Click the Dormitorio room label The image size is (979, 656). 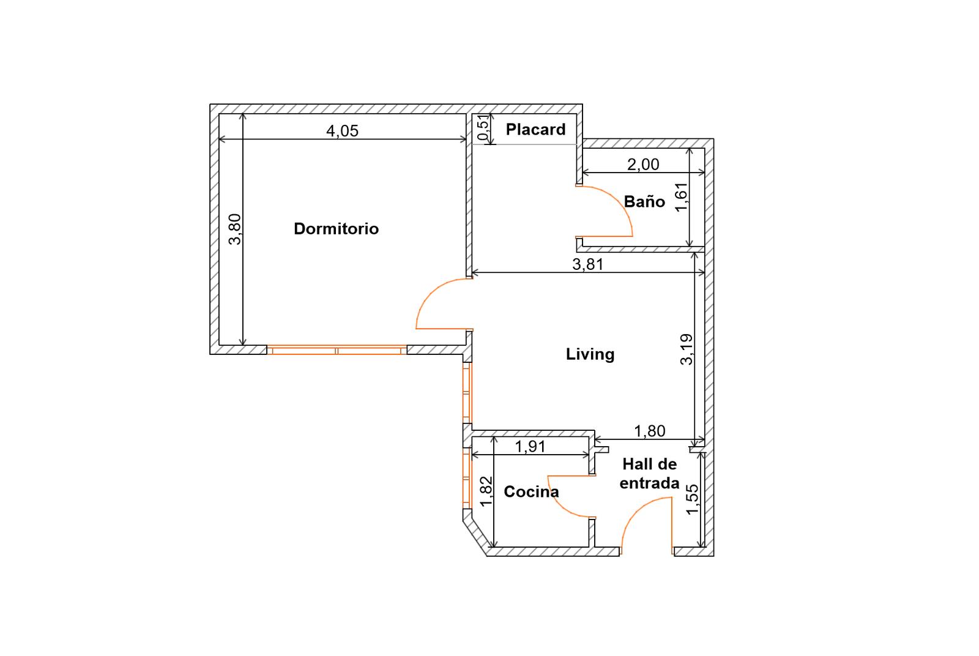(x=336, y=229)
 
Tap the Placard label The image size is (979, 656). (x=535, y=129)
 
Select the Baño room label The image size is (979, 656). (x=644, y=201)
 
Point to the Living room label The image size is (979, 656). (x=590, y=354)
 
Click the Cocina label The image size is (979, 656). (x=531, y=491)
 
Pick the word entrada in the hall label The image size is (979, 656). (x=649, y=483)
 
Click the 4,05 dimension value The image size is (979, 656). (x=342, y=131)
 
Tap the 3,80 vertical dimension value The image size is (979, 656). (x=235, y=229)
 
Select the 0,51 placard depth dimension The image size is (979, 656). (x=482, y=128)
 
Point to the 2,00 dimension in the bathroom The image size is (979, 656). (x=643, y=165)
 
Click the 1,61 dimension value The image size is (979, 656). (x=681, y=197)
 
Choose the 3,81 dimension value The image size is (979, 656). (x=588, y=264)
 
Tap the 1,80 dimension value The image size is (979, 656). (x=649, y=431)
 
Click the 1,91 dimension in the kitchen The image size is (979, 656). (x=530, y=447)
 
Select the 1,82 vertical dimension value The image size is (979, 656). (x=486, y=491)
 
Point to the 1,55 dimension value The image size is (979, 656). (x=692, y=500)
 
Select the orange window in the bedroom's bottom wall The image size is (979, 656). (x=337, y=350)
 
